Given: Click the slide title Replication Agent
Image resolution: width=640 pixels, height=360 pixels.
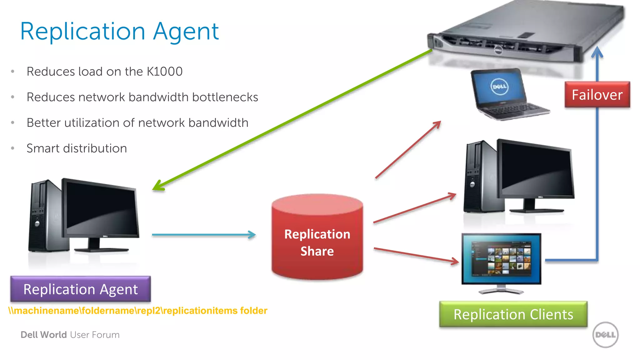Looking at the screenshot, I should pyautogui.click(x=119, y=31).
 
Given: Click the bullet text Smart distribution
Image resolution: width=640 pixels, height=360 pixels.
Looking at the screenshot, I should pyautogui.click(x=77, y=148).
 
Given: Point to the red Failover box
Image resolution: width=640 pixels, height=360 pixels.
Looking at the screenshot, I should pyautogui.click(x=597, y=95).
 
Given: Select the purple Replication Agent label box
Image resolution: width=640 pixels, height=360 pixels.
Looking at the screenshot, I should pyautogui.click(x=80, y=289).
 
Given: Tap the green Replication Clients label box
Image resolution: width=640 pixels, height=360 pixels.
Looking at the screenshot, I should pyautogui.click(x=513, y=314).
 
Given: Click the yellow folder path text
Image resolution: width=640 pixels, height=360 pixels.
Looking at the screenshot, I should pyautogui.click(x=137, y=311).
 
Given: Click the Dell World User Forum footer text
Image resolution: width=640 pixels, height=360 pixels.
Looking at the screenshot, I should pyautogui.click(x=70, y=335).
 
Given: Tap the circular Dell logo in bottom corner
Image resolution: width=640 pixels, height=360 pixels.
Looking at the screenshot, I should pyautogui.click(x=605, y=335).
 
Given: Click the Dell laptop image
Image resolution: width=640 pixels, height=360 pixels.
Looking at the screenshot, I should pyautogui.click(x=506, y=94).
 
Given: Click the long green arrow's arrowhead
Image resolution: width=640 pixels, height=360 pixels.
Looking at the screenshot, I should pyautogui.click(x=158, y=186).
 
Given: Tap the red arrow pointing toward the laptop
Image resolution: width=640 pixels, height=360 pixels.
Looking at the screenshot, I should pyautogui.click(x=408, y=150).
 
